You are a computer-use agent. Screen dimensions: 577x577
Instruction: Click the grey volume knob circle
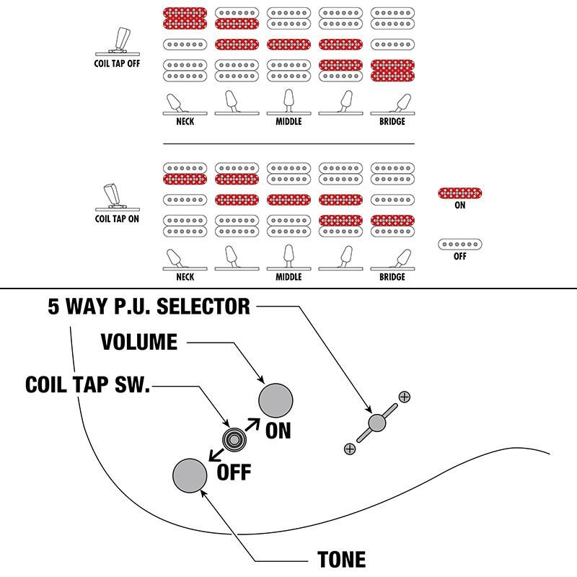coord(278,399)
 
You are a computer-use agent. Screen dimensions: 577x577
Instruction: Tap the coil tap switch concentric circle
coord(234,439)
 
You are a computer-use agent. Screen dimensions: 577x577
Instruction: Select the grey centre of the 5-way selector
coord(376,423)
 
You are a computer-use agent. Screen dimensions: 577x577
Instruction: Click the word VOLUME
coord(139,342)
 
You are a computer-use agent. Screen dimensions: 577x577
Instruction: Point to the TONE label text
coord(341,560)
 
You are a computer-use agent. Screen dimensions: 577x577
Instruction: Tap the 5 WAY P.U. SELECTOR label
coord(149,307)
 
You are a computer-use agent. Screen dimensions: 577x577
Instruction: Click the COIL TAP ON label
coord(117,219)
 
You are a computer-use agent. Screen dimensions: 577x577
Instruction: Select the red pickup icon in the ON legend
coord(460,193)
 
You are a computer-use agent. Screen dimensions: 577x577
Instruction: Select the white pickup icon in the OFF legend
coord(460,245)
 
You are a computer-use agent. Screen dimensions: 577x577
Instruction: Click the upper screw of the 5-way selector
coord(404,397)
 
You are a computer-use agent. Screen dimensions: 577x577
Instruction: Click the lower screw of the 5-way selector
coord(350,449)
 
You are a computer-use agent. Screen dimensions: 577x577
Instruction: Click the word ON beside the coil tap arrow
coord(278,431)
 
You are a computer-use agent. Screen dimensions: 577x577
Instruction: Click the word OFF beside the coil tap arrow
coord(234,473)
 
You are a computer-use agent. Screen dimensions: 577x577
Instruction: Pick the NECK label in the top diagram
coord(185,122)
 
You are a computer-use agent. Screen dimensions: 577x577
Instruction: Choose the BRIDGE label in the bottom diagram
coord(392,277)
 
